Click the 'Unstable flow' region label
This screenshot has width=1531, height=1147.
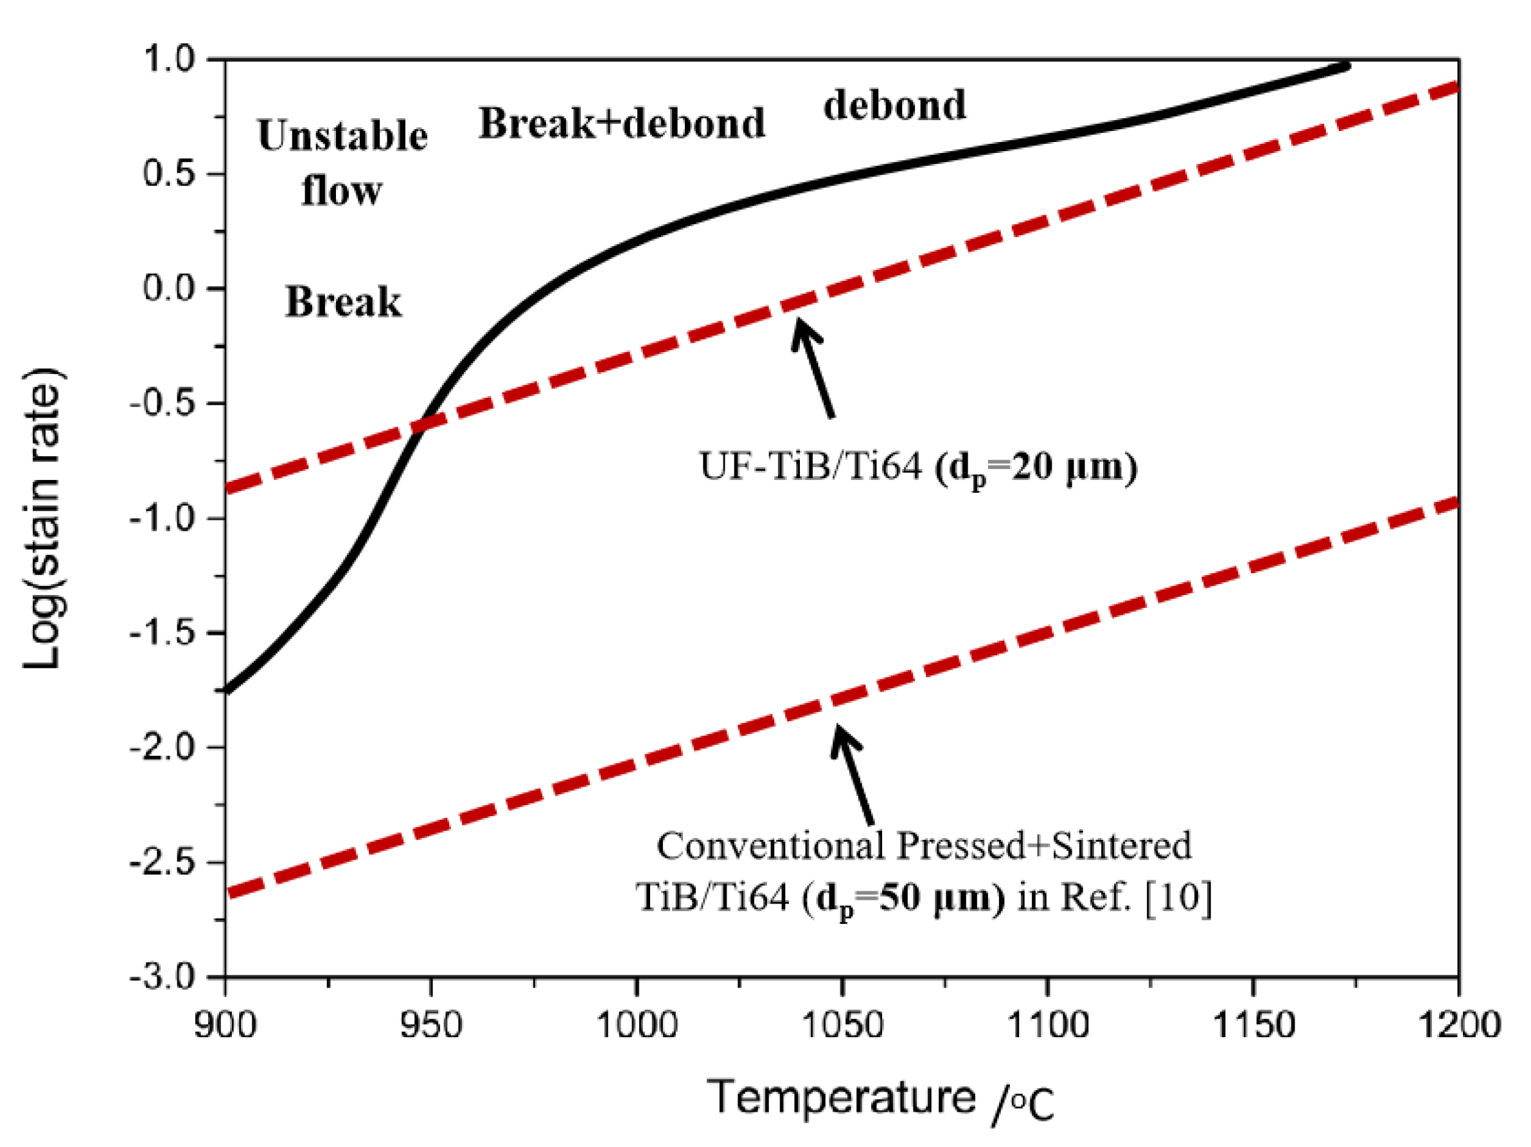coord(342,163)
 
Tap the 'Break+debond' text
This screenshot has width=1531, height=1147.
coord(621,124)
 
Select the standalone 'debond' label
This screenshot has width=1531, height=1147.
coord(894,106)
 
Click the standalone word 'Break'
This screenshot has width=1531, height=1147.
coord(342,303)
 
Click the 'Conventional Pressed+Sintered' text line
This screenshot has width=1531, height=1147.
coord(923,845)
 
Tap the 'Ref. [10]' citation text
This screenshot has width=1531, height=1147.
coord(1136,898)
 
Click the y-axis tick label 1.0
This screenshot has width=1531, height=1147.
coord(170,60)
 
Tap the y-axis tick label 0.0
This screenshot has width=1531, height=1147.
coord(170,288)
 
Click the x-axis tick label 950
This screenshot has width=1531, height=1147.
coord(430,1025)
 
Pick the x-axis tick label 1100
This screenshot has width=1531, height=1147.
coord(1047,1025)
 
